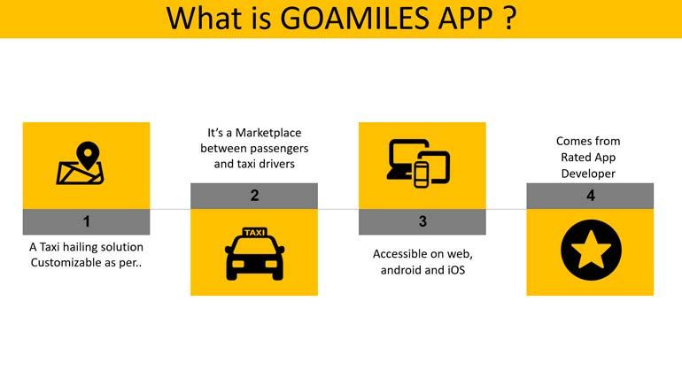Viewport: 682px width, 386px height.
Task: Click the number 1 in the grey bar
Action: (86, 221)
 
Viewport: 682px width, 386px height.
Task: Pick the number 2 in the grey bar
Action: (254, 196)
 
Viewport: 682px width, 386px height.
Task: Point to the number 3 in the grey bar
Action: (422, 221)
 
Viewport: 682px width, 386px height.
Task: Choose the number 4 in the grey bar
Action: (590, 196)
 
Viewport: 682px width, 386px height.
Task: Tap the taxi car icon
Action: (254, 253)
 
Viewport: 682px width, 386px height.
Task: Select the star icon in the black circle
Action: (590, 252)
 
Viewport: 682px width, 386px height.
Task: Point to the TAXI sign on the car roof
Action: (254, 233)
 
